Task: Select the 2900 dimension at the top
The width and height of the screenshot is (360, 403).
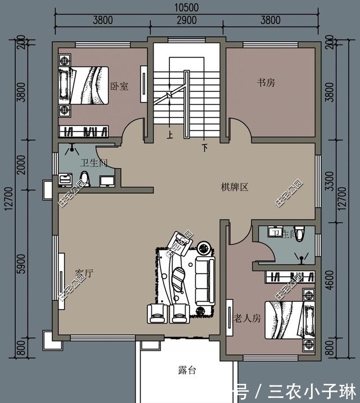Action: pos(186,20)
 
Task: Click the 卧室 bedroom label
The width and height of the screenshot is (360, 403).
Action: pos(119,86)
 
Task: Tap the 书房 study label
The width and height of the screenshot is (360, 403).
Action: pos(266,83)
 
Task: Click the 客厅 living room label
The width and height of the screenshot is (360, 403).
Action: pos(84,273)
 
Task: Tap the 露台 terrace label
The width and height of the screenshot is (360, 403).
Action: pos(187,370)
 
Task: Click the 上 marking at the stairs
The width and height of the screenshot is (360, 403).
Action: pos(170,135)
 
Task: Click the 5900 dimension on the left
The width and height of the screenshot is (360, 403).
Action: pos(21,263)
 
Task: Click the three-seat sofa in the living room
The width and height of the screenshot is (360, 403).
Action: pos(203,280)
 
